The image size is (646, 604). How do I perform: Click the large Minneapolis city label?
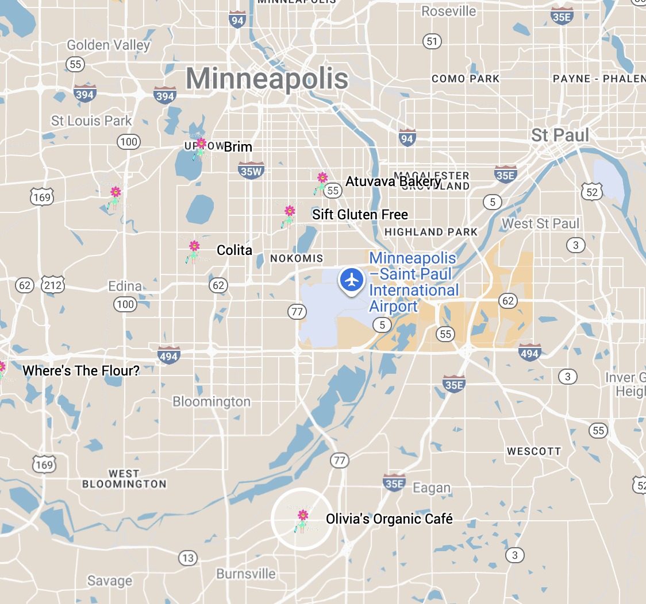click(267, 79)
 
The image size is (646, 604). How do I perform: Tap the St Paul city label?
click(560, 135)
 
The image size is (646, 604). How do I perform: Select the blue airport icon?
click(351, 280)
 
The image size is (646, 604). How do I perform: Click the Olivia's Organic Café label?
click(389, 519)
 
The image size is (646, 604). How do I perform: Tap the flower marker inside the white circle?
click(302, 520)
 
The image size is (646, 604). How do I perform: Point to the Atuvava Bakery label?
click(393, 182)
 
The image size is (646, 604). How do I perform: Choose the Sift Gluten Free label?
click(360, 215)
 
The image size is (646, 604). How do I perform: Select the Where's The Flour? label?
click(81, 371)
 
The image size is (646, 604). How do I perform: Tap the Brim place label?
click(238, 147)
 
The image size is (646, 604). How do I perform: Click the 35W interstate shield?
click(251, 169)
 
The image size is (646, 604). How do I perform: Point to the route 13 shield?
click(187, 557)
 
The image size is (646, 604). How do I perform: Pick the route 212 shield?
click(53, 285)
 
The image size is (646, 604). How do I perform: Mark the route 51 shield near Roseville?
click(432, 41)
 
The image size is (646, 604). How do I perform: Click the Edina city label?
click(125, 286)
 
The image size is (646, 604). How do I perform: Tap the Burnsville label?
click(246, 574)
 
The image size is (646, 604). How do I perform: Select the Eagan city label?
click(432, 488)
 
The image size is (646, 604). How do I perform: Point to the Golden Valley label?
click(109, 45)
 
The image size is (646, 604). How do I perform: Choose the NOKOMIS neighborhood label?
click(297, 258)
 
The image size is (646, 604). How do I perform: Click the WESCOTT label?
click(533, 451)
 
